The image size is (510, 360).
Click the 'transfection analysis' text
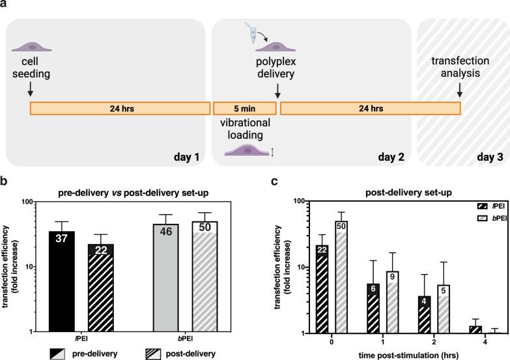click(460, 66)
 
